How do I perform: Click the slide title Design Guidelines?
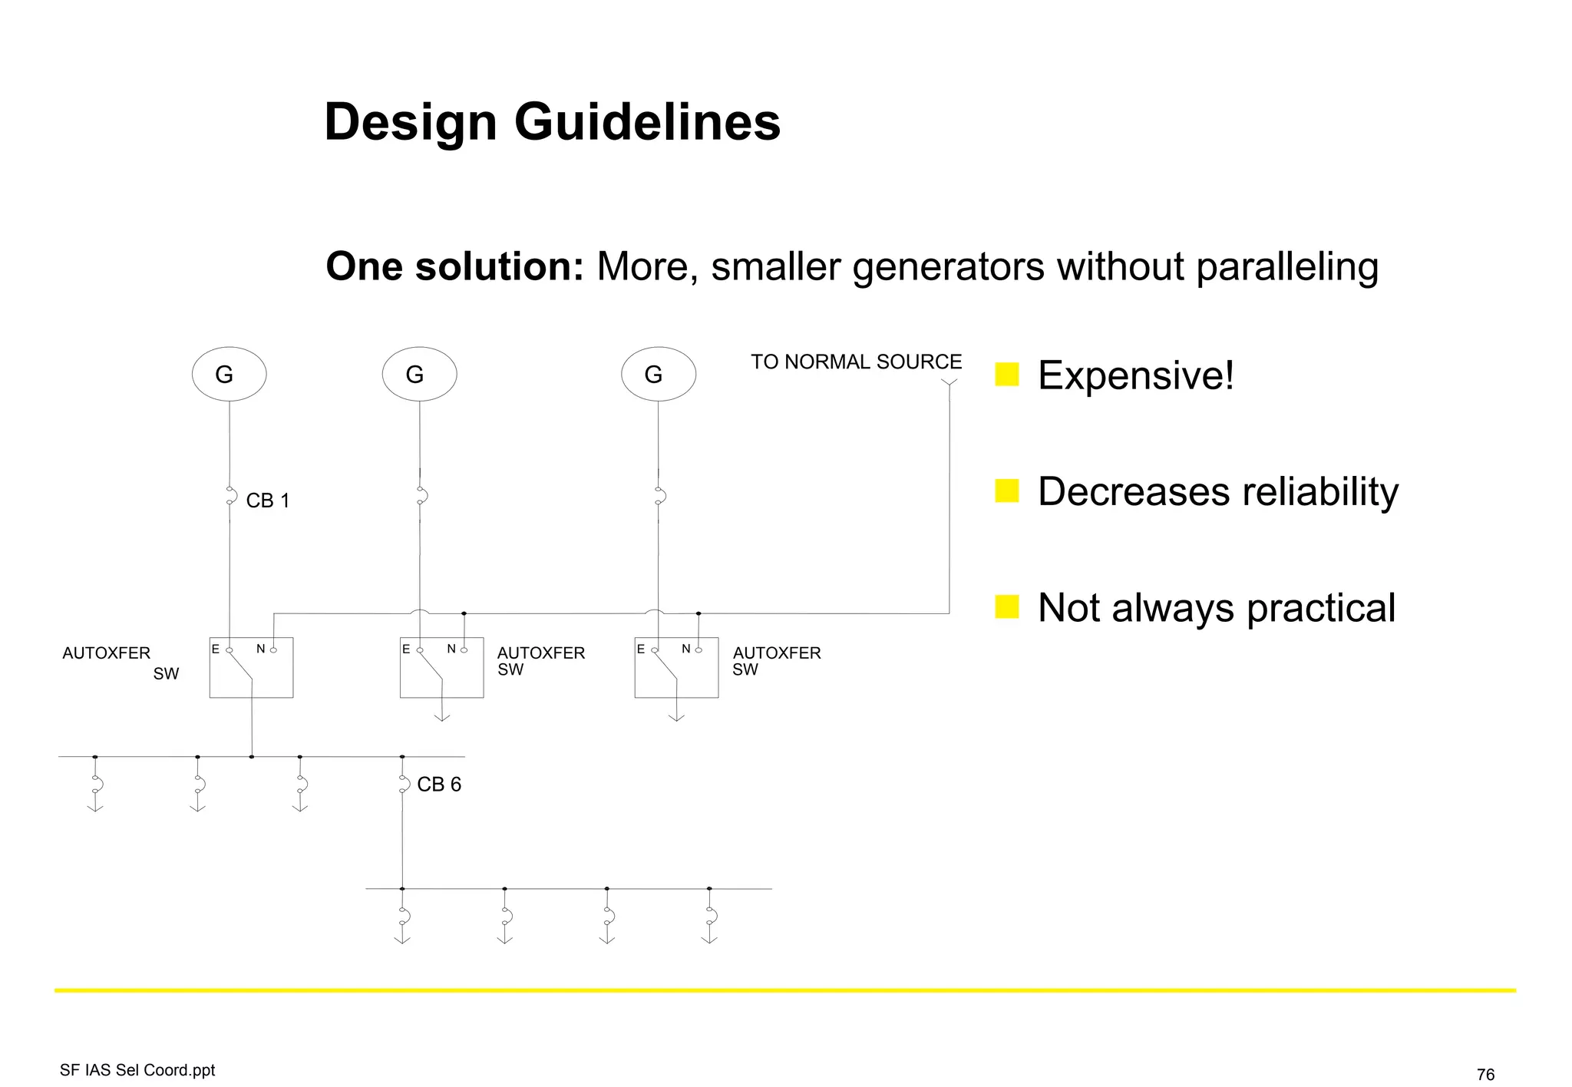[552, 123]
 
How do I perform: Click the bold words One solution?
[454, 267]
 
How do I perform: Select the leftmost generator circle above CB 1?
[229, 375]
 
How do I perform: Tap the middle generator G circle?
[419, 375]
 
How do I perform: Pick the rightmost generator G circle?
[658, 375]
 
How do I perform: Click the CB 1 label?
[268, 501]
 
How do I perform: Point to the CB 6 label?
[439, 785]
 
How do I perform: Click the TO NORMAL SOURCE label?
[855, 362]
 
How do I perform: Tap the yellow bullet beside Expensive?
[1006, 375]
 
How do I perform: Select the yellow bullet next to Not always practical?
[1006, 606]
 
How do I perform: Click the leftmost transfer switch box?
[251, 668]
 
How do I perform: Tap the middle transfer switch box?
[441, 668]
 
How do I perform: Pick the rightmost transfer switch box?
[676, 668]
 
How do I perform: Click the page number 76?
[1485, 1074]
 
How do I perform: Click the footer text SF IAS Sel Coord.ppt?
[137, 1070]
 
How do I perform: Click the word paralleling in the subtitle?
[1286, 267]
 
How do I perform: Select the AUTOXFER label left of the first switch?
[106, 653]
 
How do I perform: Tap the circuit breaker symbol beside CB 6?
[403, 784]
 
